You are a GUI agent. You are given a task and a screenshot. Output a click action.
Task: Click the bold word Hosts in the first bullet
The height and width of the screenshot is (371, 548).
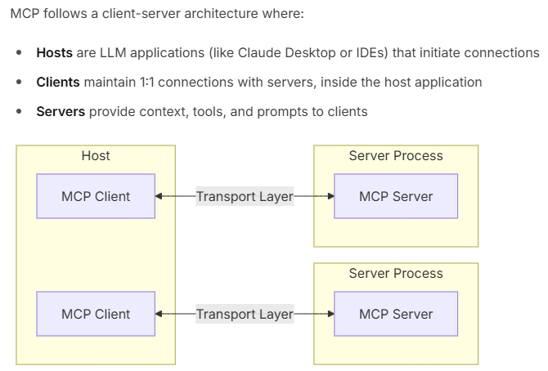pos(55,53)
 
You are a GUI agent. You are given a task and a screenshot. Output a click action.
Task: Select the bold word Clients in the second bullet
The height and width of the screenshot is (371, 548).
pos(58,83)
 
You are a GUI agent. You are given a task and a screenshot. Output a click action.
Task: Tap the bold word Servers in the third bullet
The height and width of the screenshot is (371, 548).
pos(61,112)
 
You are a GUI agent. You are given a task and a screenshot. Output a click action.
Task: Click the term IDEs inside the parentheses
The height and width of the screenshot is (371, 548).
pos(371,53)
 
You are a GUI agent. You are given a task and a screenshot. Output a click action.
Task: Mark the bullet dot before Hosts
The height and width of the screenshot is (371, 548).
pos(20,53)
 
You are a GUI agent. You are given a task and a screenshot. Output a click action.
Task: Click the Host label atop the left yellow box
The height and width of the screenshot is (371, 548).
pos(96,156)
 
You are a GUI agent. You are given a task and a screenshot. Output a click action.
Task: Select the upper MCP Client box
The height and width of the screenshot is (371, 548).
pos(96,196)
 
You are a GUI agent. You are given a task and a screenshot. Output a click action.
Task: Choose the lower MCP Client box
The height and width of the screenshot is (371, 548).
pos(96,314)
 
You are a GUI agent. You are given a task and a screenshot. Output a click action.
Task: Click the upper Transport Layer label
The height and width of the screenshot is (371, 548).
pos(245,196)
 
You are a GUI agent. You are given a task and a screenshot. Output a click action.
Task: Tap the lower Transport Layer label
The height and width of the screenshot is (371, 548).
pos(245,314)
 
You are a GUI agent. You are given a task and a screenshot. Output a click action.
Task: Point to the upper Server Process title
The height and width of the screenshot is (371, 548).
pos(396,156)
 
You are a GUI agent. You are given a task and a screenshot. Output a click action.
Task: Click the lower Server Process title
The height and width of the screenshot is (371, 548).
pos(396,274)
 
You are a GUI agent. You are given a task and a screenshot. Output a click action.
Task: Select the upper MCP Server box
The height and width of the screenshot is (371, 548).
pos(396,196)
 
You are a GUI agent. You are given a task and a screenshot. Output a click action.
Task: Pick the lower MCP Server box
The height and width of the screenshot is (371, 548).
pos(396,314)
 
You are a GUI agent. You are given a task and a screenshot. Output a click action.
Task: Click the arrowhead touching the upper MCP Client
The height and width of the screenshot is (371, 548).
pos(159,196)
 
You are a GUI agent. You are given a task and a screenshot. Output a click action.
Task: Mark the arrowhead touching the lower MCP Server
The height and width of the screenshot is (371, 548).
pos(330,314)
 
